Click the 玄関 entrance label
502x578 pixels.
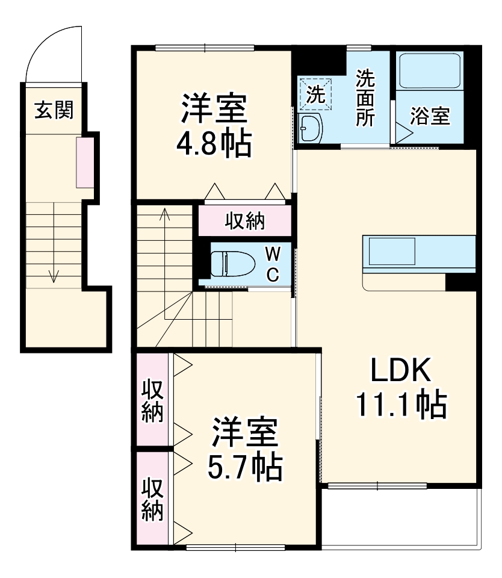pyautogui.click(x=54, y=110)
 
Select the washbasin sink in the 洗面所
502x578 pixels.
pyautogui.click(x=311, y=127)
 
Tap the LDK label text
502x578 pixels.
pyautogui.click(x=400, y=371)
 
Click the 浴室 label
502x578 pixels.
pyautogui.click(x=430, y=116)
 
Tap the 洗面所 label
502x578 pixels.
pyautogui.click(x=364, y=98)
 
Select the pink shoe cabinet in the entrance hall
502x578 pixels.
pyautogui.click(x=84, y=161)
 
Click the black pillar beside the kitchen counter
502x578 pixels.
pyautogui.click(x=461, y=282)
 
